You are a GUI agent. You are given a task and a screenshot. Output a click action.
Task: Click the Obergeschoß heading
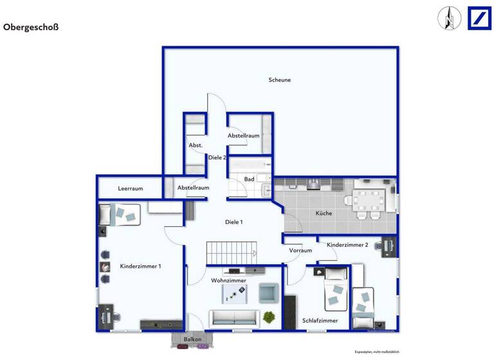pos(31,28)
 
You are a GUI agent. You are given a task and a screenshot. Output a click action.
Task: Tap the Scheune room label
pos(280,80)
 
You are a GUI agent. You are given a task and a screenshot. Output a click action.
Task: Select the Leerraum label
pos(130,188)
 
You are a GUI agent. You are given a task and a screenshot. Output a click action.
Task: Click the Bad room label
pos(249,179)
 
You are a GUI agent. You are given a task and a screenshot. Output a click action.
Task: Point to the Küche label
pos(324,213)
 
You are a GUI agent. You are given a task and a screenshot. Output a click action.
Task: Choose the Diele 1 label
pos(233,222)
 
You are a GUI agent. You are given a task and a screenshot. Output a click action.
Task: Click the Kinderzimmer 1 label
pos(140,266)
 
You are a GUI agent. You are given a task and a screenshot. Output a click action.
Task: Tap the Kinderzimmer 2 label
pos(347,245)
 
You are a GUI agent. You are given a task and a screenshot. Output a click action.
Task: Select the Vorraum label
pos(300,250)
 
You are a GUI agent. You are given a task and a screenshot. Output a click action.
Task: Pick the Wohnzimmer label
pos(228,280)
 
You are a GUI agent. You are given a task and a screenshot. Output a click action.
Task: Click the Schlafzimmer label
pos(320,320)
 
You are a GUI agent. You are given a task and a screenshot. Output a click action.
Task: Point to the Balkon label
pos(192,339)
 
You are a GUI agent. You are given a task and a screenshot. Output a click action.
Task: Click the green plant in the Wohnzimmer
pos(269,317)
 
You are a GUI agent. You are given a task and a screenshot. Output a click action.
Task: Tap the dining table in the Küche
pos(370,200)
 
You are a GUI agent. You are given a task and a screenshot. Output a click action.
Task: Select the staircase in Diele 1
pos(231,253)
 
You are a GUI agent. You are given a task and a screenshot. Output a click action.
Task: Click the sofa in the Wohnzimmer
pos(233,318)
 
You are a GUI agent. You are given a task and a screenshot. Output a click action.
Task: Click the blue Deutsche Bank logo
pos(479,17)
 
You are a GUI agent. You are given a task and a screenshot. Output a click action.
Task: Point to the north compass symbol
pos(450,18)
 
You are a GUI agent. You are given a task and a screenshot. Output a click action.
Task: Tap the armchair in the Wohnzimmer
pos(268,292)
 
